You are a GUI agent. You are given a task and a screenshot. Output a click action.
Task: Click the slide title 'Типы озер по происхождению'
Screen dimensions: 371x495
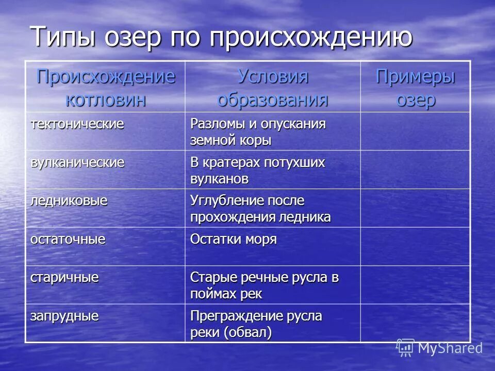(221, 37)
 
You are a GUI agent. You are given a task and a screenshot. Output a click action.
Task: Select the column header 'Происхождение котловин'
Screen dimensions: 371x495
(106, 87)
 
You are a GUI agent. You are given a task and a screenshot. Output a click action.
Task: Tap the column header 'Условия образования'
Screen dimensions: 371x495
(272, 87)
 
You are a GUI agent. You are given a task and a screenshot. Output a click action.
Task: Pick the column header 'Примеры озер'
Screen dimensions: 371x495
(415, 87)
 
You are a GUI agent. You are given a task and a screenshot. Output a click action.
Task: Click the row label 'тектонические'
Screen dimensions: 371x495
(77, 124)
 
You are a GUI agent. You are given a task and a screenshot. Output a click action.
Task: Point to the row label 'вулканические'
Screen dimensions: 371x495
(77, 162)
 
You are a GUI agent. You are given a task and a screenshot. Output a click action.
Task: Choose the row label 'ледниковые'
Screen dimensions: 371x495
(69, 200)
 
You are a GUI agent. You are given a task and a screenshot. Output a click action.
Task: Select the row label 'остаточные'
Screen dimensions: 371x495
(68, 239)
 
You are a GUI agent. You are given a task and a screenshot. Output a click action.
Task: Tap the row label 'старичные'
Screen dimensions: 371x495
(64, 277)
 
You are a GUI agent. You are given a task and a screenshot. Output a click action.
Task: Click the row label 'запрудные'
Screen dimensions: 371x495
(64, 315)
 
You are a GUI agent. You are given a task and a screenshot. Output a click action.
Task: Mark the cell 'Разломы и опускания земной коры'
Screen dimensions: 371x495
(258, 132)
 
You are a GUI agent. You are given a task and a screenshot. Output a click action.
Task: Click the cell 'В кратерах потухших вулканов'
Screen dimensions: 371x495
(258, 171)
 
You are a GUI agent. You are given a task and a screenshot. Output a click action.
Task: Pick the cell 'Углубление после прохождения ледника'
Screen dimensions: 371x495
(260, 209)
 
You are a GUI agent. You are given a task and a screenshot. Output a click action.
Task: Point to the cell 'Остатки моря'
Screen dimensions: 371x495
(234, 240)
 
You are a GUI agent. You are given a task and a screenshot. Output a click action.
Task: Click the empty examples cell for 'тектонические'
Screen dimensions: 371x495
(415, 131)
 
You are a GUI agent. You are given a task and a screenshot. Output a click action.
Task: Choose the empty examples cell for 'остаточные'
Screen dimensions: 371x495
(415, 246)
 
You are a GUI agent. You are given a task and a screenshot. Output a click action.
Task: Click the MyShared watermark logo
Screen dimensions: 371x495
(439, 348)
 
